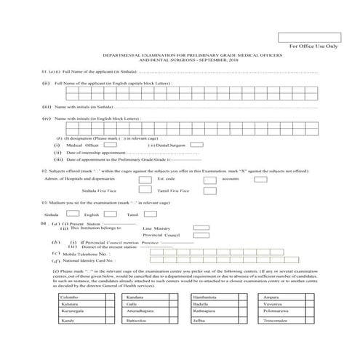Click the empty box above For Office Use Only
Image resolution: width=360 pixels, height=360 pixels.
pos(308,38)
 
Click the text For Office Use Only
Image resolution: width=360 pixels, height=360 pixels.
pos(313,47)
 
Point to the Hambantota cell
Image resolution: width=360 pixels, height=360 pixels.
pos(219,299)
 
